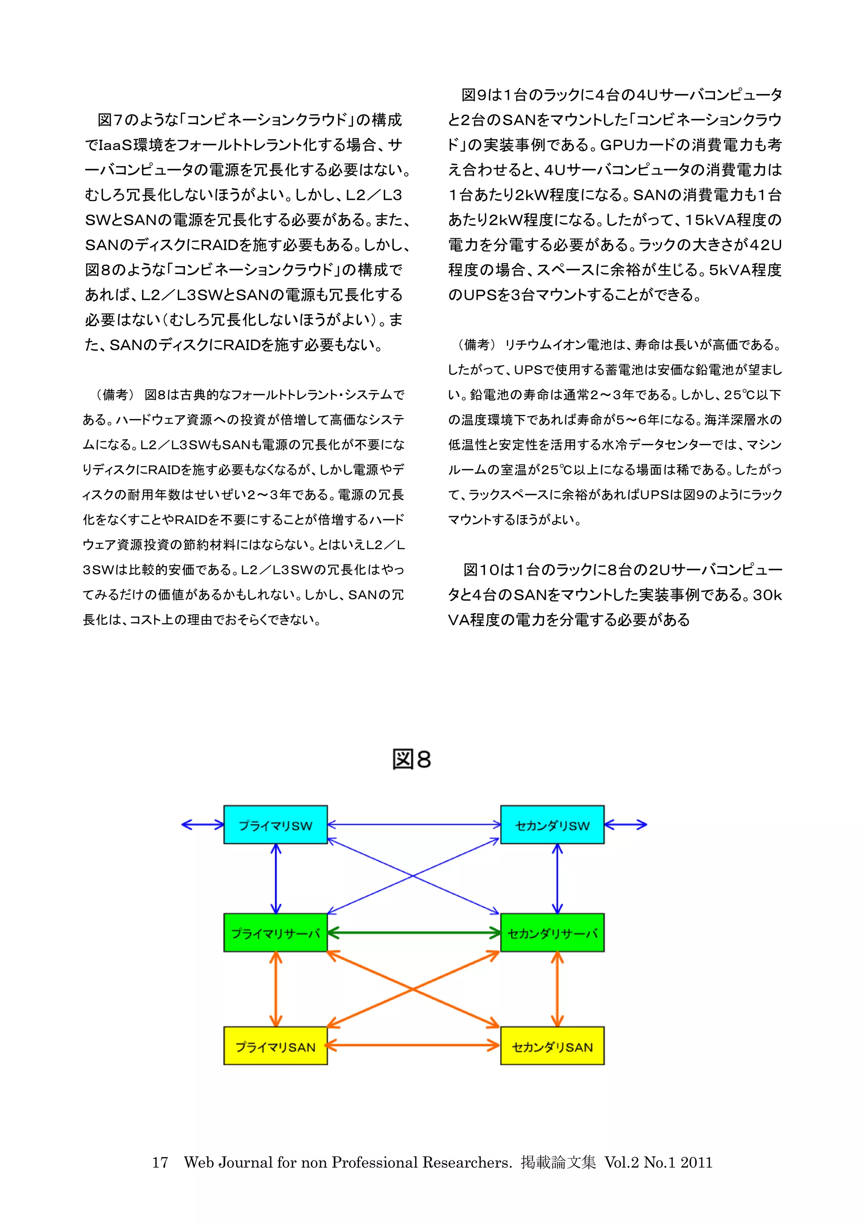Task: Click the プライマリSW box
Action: (x=275, y=825)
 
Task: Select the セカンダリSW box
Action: (x=552, y=825)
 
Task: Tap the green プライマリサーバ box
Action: (x=275, y=933)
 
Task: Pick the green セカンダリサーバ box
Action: (x=552, y=933)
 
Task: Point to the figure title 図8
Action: (x=411, y=760)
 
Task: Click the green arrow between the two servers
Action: (x=414, y=933)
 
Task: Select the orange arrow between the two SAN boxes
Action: (x=414, y=1046)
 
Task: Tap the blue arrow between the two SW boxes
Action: (x=414, y=825)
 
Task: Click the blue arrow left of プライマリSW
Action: (x=202, y=825)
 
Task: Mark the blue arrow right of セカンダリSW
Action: (x=626, y=825)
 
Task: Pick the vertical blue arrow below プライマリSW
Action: (x=275, y=878)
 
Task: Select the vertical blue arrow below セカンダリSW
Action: (x=557, y=878)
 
